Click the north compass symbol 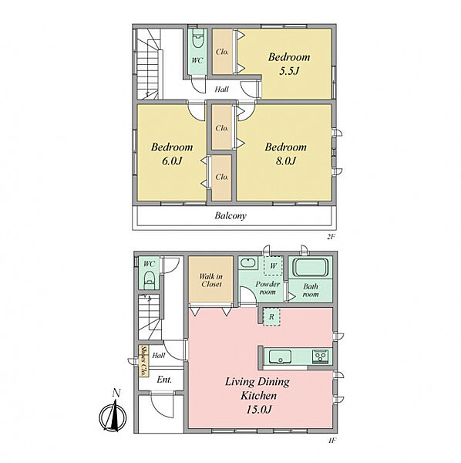(x=113, y=415)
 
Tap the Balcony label (x=230, y=216)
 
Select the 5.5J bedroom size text (x=289, y=71)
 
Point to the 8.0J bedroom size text (x=285, y=161)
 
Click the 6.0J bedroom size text (x=172, y=161)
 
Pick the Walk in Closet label (x=211, y=280)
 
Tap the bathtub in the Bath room (x=311, y=268)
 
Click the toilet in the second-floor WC (x=198, y=39)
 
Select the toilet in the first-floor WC (x=150, y=280)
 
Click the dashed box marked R (x=271, y=317)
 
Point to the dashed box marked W (x=274, y=265)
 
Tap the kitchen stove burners (x=321, y=357)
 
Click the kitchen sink (x=280, y=356)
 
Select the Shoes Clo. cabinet (x=143, y=360)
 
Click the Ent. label (x=164, y=380)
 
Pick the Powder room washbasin (x=248, y=262)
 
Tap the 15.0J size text (x=259, y=410)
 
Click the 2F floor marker (x=331, y=237)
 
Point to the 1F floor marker (x=331, y=441)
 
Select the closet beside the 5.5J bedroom (x=222, y=52)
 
